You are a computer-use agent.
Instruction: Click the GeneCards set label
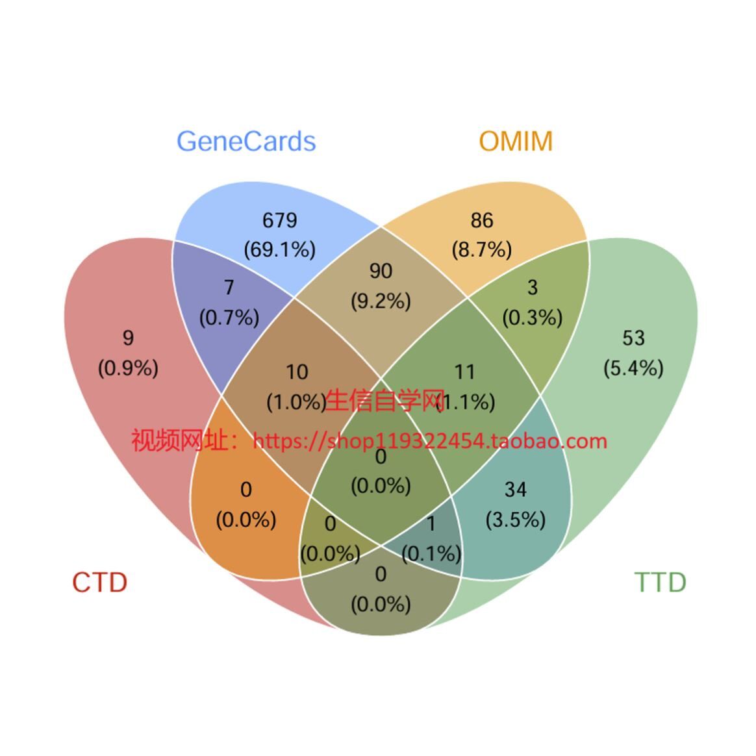point(246,142)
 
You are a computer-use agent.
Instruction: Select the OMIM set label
point(516,142)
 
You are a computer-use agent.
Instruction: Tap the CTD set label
point(99,583)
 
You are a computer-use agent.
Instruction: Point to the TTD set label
point(660,583)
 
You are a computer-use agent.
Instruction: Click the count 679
point(280,221)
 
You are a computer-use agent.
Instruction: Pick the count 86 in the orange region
point(482,221)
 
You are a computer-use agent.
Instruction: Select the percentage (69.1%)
point(280,250)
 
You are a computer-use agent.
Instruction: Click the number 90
point(381,271)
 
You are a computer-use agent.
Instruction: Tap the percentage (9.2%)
point(381,301)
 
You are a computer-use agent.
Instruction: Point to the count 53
point(633,338)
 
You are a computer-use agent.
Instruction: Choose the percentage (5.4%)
point(633,368)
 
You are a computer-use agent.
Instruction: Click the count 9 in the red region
point(128,338)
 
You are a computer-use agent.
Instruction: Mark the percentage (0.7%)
point(229,318)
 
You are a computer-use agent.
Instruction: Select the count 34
point(516,490)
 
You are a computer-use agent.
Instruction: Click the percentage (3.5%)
point(516,520)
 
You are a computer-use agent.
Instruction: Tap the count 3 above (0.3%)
point(533,288)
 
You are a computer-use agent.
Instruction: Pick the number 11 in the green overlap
point(464,372)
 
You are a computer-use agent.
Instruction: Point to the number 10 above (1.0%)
point(297,372)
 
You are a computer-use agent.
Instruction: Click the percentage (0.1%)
point(431,553)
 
